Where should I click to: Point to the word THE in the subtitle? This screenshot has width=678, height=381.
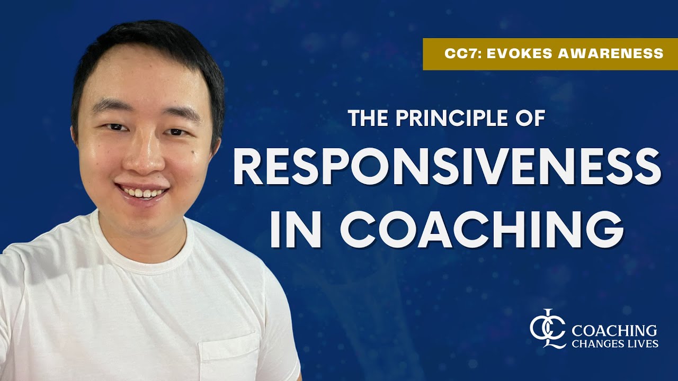(367, 118)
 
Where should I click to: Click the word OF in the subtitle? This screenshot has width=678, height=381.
(531, 118)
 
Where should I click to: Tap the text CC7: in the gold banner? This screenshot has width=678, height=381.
(459, 53)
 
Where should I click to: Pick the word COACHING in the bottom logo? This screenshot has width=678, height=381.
(614, 331)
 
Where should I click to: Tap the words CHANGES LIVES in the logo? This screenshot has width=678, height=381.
(614, 344)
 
